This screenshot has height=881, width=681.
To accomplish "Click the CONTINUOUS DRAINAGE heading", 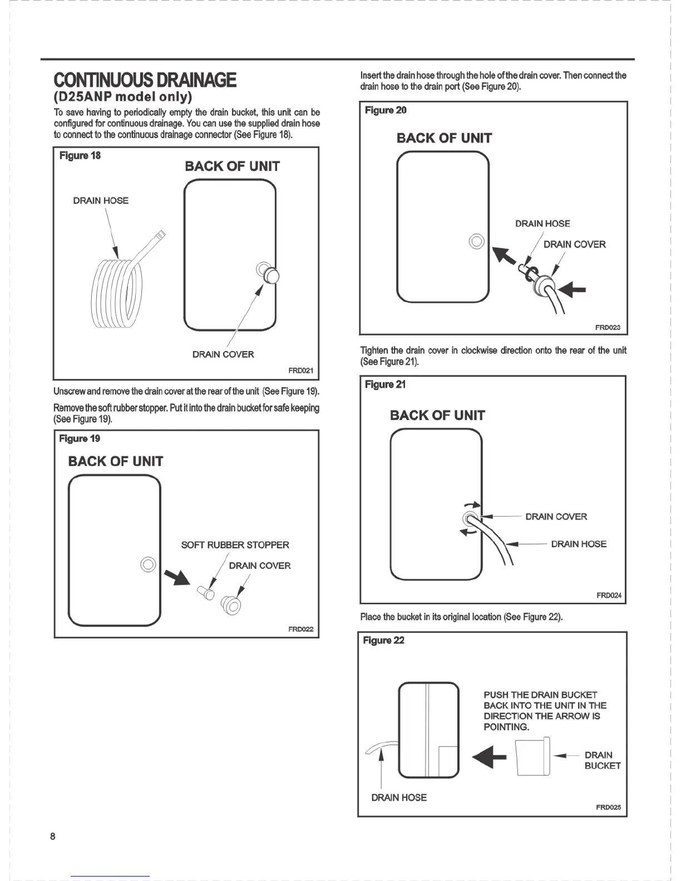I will [x=145, y=80].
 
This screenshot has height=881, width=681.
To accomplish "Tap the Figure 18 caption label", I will [x=80, y=156].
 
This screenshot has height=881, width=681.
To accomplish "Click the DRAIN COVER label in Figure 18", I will [x=223, y=354].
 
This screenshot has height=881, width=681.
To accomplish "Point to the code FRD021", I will [x=300, y=370].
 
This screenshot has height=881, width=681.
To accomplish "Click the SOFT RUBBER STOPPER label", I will [x=235, y=545].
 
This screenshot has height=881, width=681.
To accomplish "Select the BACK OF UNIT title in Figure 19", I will [x=115, y=461].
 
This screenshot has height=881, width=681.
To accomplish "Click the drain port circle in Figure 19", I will [x=148, y=564].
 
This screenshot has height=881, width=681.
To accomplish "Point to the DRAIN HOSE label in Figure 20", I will [x=542, y=224].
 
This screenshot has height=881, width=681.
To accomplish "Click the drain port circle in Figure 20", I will [x=477, y=241].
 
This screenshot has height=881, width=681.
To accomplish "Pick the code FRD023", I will [x=608, y=328].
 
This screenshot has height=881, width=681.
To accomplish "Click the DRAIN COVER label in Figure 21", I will [x=556, y=517].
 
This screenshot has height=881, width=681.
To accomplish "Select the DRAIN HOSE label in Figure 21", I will [x=579, y=544].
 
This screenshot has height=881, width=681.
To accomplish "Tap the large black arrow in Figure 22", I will [x=489, y=758].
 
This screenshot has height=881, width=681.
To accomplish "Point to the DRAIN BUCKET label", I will [x=602, y=760].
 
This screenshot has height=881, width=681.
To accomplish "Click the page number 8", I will [x=53, y=836].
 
